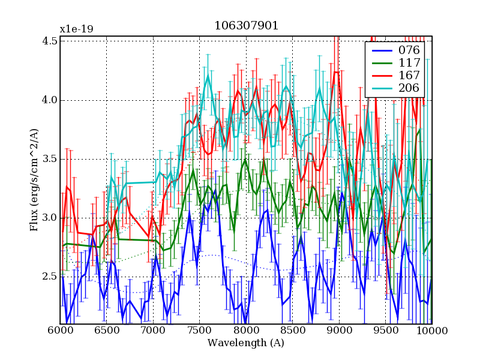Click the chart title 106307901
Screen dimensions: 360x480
coord(246,27)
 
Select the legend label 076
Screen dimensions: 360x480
coord(407,50)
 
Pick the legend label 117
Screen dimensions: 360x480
coord(407,62)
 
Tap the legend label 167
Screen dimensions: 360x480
coord(407,76)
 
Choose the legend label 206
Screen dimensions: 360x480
coord(407,89)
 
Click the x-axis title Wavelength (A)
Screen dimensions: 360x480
coord(246,343)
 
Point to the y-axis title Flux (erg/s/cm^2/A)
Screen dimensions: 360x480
coord(35,180)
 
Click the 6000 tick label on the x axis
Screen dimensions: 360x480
coord(60,331)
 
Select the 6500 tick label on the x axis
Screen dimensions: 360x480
coord(106,331)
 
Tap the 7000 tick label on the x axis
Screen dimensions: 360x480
coord(153,331)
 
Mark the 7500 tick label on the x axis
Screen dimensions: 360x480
coord(199,331)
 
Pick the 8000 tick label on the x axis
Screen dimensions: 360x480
coord(246,331)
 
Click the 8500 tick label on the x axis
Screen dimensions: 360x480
coord(292,331)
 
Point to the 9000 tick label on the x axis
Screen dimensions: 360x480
coord(339,331)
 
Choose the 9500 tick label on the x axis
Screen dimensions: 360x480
coord(385,331)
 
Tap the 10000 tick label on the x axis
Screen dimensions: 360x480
coord(431,331)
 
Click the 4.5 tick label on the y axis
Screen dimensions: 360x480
coord(50,41)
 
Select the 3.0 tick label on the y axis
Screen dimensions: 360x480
coord(50,218)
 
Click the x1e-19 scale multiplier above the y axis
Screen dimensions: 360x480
coord(76,29)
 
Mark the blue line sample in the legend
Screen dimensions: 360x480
coord(380,50)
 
